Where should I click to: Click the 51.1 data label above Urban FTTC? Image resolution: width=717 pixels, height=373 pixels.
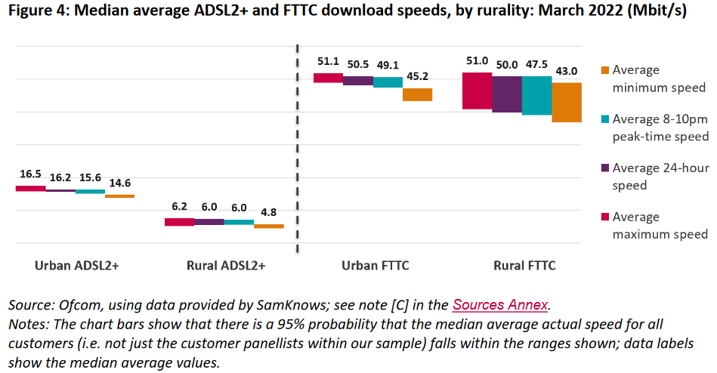pos(329,61)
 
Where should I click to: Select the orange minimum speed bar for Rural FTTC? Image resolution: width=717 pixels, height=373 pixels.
pos(567,102)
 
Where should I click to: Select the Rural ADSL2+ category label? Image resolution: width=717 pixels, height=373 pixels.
pos(225,266)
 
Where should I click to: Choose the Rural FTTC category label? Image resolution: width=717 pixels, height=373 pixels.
pos(524,266)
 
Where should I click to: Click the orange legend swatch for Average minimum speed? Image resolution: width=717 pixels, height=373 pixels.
pos(603,69)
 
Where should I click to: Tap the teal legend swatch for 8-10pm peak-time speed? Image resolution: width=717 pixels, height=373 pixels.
pos(603,119)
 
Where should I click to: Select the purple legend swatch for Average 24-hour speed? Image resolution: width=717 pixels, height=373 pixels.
pos(603,168)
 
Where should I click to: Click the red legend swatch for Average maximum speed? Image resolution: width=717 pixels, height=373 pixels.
pos(603,217)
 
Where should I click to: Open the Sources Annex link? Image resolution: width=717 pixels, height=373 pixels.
pos(501,305)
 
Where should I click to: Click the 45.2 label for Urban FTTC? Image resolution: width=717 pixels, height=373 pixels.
pos(418,76)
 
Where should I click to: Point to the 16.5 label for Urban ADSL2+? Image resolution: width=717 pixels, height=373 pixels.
pos(30,174)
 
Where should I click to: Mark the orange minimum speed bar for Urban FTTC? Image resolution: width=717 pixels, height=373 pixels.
pos(418,94)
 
